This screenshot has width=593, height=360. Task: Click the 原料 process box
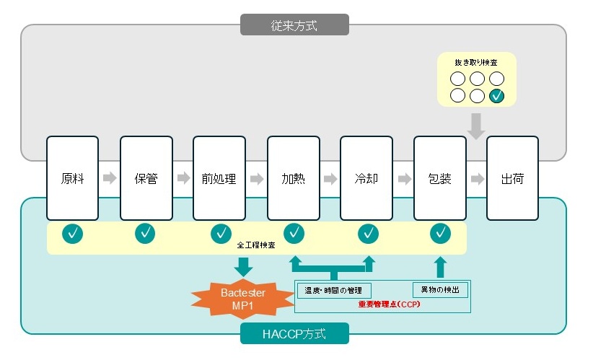click(x=72, y=178)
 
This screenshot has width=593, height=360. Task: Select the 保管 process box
click(x=146, y=178)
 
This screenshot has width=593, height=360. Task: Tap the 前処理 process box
click(x=219, y=178)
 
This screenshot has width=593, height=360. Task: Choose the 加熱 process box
click(x=293, y=178)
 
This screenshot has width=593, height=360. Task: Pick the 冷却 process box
click(x=366, y=178)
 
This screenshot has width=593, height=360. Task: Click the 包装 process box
click(x=439, y=178)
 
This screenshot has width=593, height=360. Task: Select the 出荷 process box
click(x=512, y=178)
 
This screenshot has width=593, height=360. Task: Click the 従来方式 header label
click(x=294, y=25)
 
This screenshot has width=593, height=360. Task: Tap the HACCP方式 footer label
click(x=294, y=334)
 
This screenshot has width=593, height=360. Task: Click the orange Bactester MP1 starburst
click(x=242, y=299)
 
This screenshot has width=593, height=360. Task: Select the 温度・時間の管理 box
click(x=334, y=290)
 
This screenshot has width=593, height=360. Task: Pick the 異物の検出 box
click(x=440, y=290)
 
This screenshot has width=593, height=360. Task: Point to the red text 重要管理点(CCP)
click(x=389, y=304)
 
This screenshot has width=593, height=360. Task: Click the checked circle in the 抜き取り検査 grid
click(x=496, y=95)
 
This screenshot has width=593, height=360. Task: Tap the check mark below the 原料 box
click(x=72, y=234)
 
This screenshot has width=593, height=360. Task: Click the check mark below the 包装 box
click(x=440, y=234)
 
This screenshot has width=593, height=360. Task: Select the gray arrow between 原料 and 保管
click(x=109, y=178)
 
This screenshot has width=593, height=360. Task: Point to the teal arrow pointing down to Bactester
click(x=244, y=267)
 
